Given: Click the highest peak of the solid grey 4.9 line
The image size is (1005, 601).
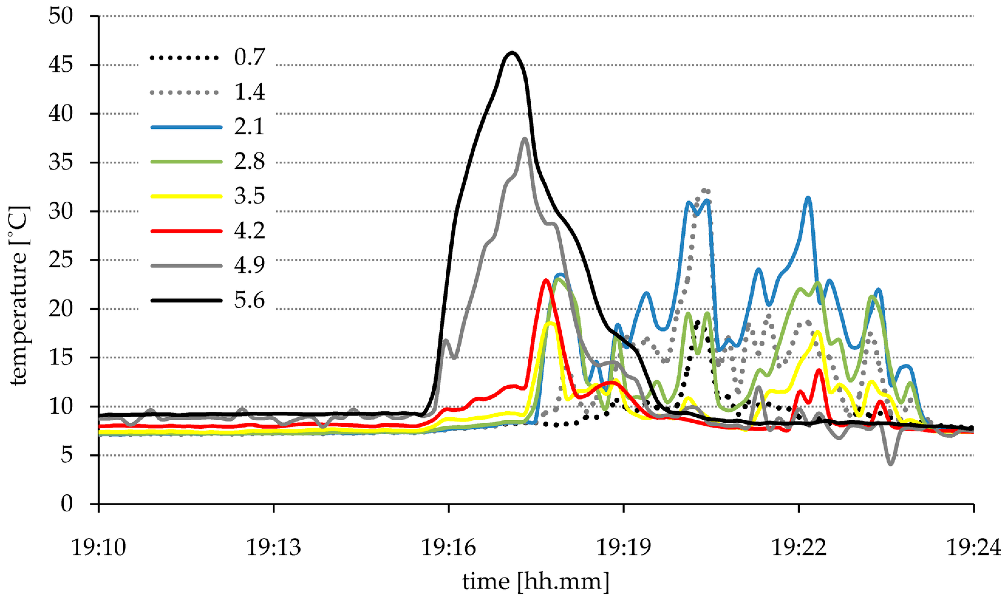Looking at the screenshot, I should [x=525, y=138].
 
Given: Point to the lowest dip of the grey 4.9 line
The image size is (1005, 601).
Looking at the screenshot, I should [x=891, y=464].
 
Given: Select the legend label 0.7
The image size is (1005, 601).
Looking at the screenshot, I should [x=249, y=57].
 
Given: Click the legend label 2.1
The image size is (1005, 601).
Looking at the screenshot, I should [x=249, y=126].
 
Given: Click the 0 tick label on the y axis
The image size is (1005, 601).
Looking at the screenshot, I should [x=67, y=504].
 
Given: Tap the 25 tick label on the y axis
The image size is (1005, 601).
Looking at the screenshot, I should [x=61, y=260].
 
